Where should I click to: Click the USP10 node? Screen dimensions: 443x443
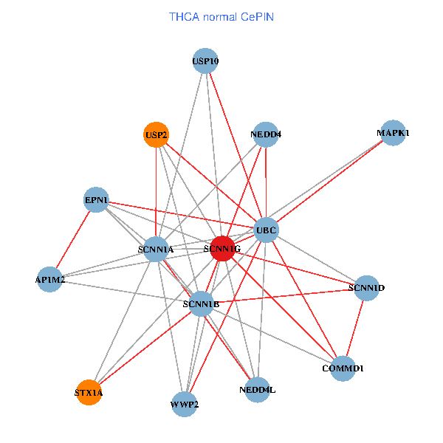coord(205,61)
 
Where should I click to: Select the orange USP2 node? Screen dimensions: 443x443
coord(156,134)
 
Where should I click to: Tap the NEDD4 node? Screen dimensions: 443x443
coord(266,134)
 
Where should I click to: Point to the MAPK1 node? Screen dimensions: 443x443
coord(392,133)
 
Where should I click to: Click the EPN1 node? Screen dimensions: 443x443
coord(97,199)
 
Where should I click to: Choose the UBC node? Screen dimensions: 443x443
coord(266,230)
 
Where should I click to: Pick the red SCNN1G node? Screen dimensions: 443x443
coord(222,249)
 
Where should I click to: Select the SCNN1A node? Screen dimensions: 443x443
coord(156,249)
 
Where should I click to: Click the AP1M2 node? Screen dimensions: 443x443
coord(50,279)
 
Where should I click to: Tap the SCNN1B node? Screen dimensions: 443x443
coord(201,303)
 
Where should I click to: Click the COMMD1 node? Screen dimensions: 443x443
coord(343,367)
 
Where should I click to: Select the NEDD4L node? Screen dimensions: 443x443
coord(257,389)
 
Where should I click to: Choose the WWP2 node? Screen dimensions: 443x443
coord(185,404)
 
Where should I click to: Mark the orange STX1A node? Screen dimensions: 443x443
coord(89,392)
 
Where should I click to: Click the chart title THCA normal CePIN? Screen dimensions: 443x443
coord(221,16)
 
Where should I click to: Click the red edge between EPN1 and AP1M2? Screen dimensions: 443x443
coord(74,239)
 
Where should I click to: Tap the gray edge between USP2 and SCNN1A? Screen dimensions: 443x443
coord(156,192)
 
